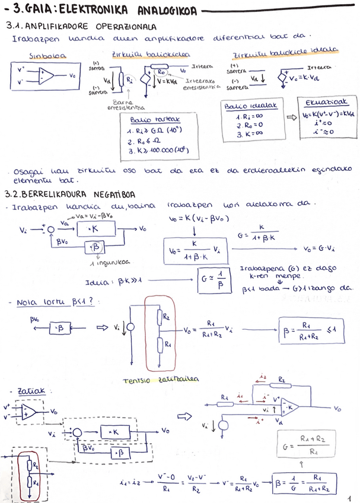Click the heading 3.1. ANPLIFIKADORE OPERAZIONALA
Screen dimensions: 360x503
click(81, 27)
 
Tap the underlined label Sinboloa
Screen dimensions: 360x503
click(47, 56)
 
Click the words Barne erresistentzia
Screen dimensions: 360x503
click(124, 104)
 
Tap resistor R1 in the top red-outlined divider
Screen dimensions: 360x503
click(166, 343)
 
